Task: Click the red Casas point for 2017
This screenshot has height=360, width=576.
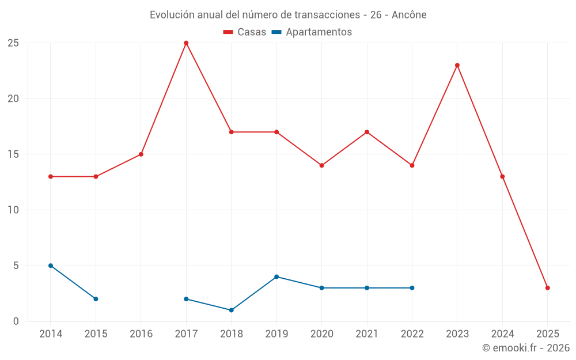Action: tap(186, 43)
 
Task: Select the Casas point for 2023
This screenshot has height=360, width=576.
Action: tap(457, 65)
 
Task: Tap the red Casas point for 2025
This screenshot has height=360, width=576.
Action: tap(548, 288)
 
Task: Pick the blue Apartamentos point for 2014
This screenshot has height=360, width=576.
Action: tap(51, 266)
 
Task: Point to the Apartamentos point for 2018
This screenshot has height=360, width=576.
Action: tap(232, 310)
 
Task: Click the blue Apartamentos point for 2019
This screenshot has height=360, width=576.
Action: tap(276, 277)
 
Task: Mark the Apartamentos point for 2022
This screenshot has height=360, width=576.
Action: tap(412, 288)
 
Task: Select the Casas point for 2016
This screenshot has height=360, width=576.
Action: tap(141, 154)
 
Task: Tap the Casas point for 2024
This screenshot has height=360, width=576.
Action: tap(502, 177)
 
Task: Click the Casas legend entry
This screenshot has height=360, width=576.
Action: tap(245, 32)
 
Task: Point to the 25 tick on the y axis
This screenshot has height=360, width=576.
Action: tap(13, 43)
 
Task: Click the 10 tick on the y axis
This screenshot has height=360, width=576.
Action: tap(13, 210)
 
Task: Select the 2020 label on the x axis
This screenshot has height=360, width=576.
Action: tap(322, 334)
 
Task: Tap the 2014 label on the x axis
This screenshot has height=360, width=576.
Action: tap(51, 334)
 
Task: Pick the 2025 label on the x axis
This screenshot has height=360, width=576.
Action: tap(548, 334)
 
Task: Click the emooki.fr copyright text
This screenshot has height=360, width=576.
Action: tap(526, 348)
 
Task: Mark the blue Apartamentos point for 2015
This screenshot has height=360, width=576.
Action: tap(96, 299)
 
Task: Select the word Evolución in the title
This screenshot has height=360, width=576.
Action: tap(168, 15)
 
